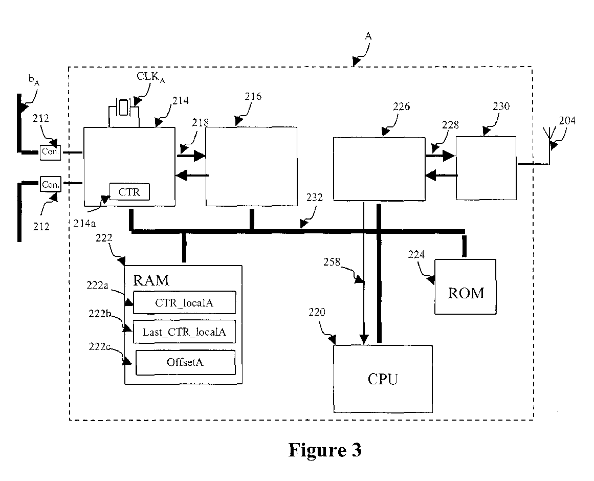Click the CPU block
(x=383, y=379)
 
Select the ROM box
(x=465, y=287)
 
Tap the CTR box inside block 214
(x=129, y=192)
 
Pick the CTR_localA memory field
(x=185, y=302)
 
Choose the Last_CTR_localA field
(x=185, y=332)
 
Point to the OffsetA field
(x=185, y=362)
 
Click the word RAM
(x=151, y=280)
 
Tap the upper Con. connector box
(x=50, y=152)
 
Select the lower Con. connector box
(x=50, y=184)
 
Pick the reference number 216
(x=253, y=97)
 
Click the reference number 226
(x=401, y=106)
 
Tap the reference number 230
(x=501, y=106)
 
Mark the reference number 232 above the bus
(x=315, y=198)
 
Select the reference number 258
(x=332, y=261)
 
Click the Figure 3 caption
(x=325, y=450)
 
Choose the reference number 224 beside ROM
(x=416, y=254)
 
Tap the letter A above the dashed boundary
(x=368, y=36)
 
